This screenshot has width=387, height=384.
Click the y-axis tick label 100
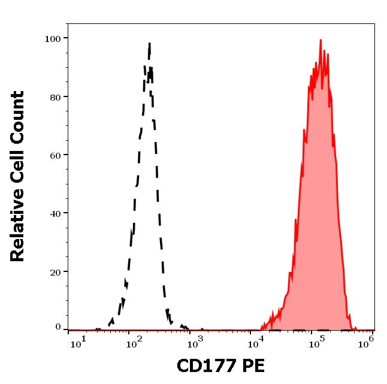(x=53, y=39)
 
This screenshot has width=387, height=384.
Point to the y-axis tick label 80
(x=55, y=97)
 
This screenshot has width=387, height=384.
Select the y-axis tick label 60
(x=55, y=155)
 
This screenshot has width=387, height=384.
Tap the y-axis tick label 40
(x=55, y=213)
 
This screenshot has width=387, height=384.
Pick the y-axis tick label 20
(x=55, y=271)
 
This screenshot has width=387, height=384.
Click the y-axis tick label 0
(x=58, y=327)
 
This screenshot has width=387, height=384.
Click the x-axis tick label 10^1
(x=78, y=340)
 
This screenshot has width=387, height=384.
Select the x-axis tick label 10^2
(x=133, y=340)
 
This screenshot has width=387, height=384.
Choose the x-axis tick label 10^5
(x=316, y=340)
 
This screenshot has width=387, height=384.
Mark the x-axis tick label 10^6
(x=368, y=340)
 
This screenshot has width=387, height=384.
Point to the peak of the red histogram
(x=321, y=40)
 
